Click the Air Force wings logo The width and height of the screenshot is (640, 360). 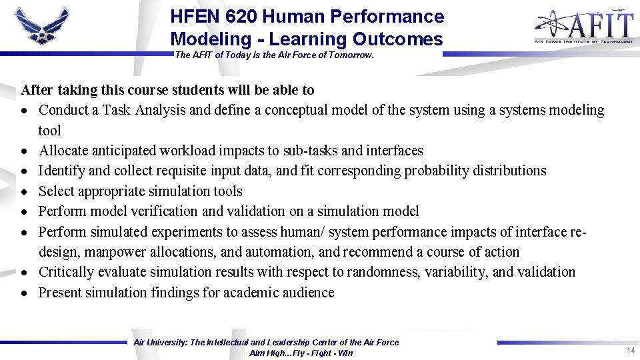(x=41, y=27)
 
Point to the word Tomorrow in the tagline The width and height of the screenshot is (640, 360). (x=351, y=55)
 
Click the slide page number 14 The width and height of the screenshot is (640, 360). (x=630, y=351)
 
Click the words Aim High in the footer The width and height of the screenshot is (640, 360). (x=269, y=353)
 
